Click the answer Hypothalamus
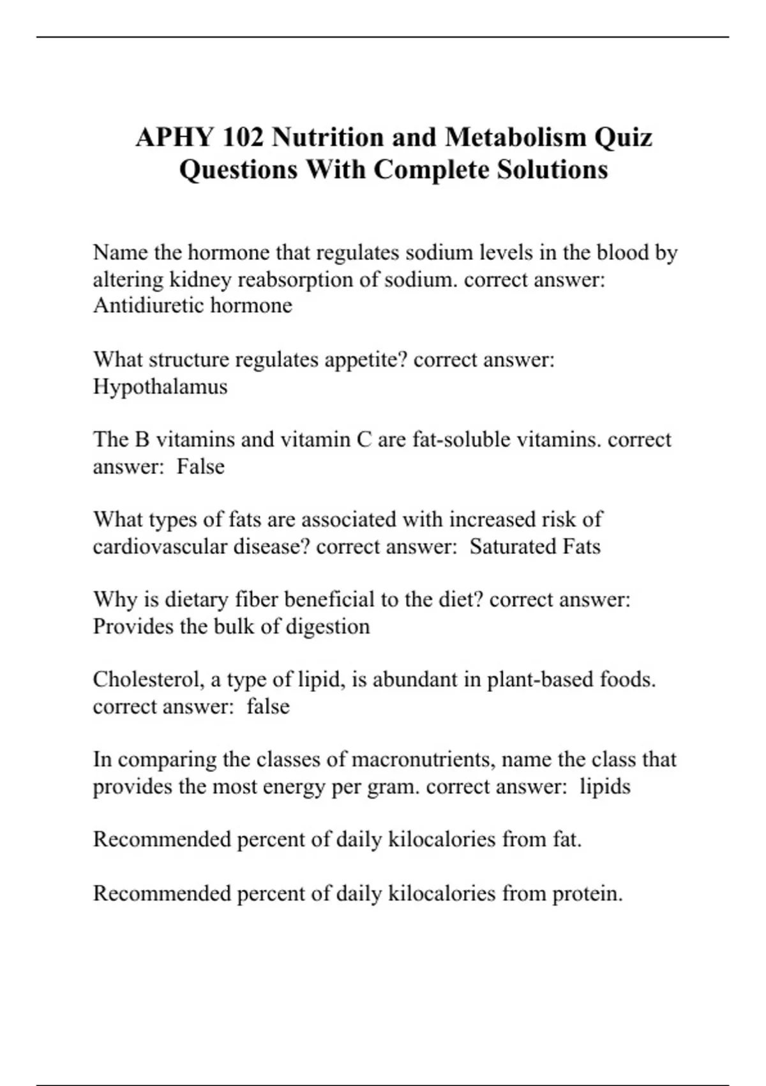click(x=160, y=386)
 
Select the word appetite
click(x=366, y=360)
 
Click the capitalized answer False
click(x=200, y=466)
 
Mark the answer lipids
click(x=605, y=786)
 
